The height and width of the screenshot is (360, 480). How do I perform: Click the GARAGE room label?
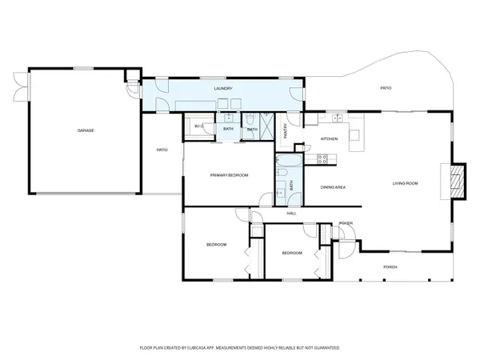pos(86,130)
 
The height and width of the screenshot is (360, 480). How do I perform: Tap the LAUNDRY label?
pos(223,89)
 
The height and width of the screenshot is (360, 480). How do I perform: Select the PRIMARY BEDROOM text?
pos(230,174)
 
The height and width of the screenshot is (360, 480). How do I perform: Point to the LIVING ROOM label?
pos(405,183)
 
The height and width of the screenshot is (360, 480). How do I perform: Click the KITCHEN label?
pos(330,139)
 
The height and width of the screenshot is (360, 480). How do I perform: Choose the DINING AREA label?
pos(333,187)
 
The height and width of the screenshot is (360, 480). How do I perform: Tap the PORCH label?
pos(390,266)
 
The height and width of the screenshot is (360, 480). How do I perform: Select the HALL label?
pos(291,213)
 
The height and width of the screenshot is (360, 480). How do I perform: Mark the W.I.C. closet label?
pos(199,126)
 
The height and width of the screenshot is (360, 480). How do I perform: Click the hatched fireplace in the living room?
pos(457,180)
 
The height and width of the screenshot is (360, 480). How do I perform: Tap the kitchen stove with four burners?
pos(323,158)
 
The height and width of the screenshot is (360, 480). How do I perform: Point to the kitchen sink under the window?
pos(337,120)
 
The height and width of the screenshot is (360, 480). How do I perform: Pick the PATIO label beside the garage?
pos(162,150)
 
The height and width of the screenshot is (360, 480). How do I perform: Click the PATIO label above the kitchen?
pos(385,89)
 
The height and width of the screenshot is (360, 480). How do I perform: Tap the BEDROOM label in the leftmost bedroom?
pos(216,244)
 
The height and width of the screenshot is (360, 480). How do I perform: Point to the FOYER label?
pos(346,223)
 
